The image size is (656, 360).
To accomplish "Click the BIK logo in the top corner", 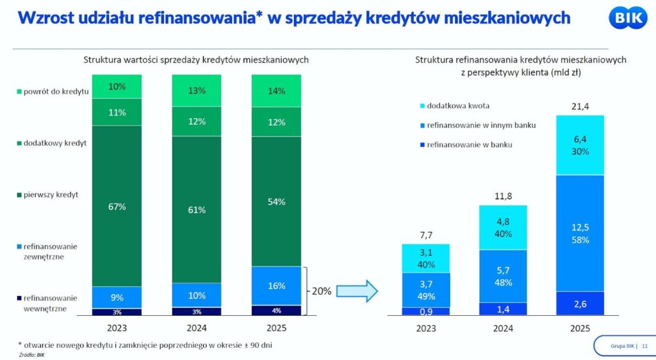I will [x=625, y=17].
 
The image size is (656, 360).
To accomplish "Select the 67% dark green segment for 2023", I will [x=117, y=206].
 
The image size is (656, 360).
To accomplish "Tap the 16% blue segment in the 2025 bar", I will [x=277, y=286].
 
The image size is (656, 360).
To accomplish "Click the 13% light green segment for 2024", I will [x=197, y=91].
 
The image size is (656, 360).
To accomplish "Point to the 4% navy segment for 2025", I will [x=277, y=311].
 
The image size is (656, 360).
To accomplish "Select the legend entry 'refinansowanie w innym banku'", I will [x=475, y=125].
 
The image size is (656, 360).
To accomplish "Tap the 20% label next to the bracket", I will [x=321, y=291].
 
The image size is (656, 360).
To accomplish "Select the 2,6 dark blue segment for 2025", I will [x=580, y=303].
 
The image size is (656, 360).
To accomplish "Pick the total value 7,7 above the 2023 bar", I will [x=425, y=234].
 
